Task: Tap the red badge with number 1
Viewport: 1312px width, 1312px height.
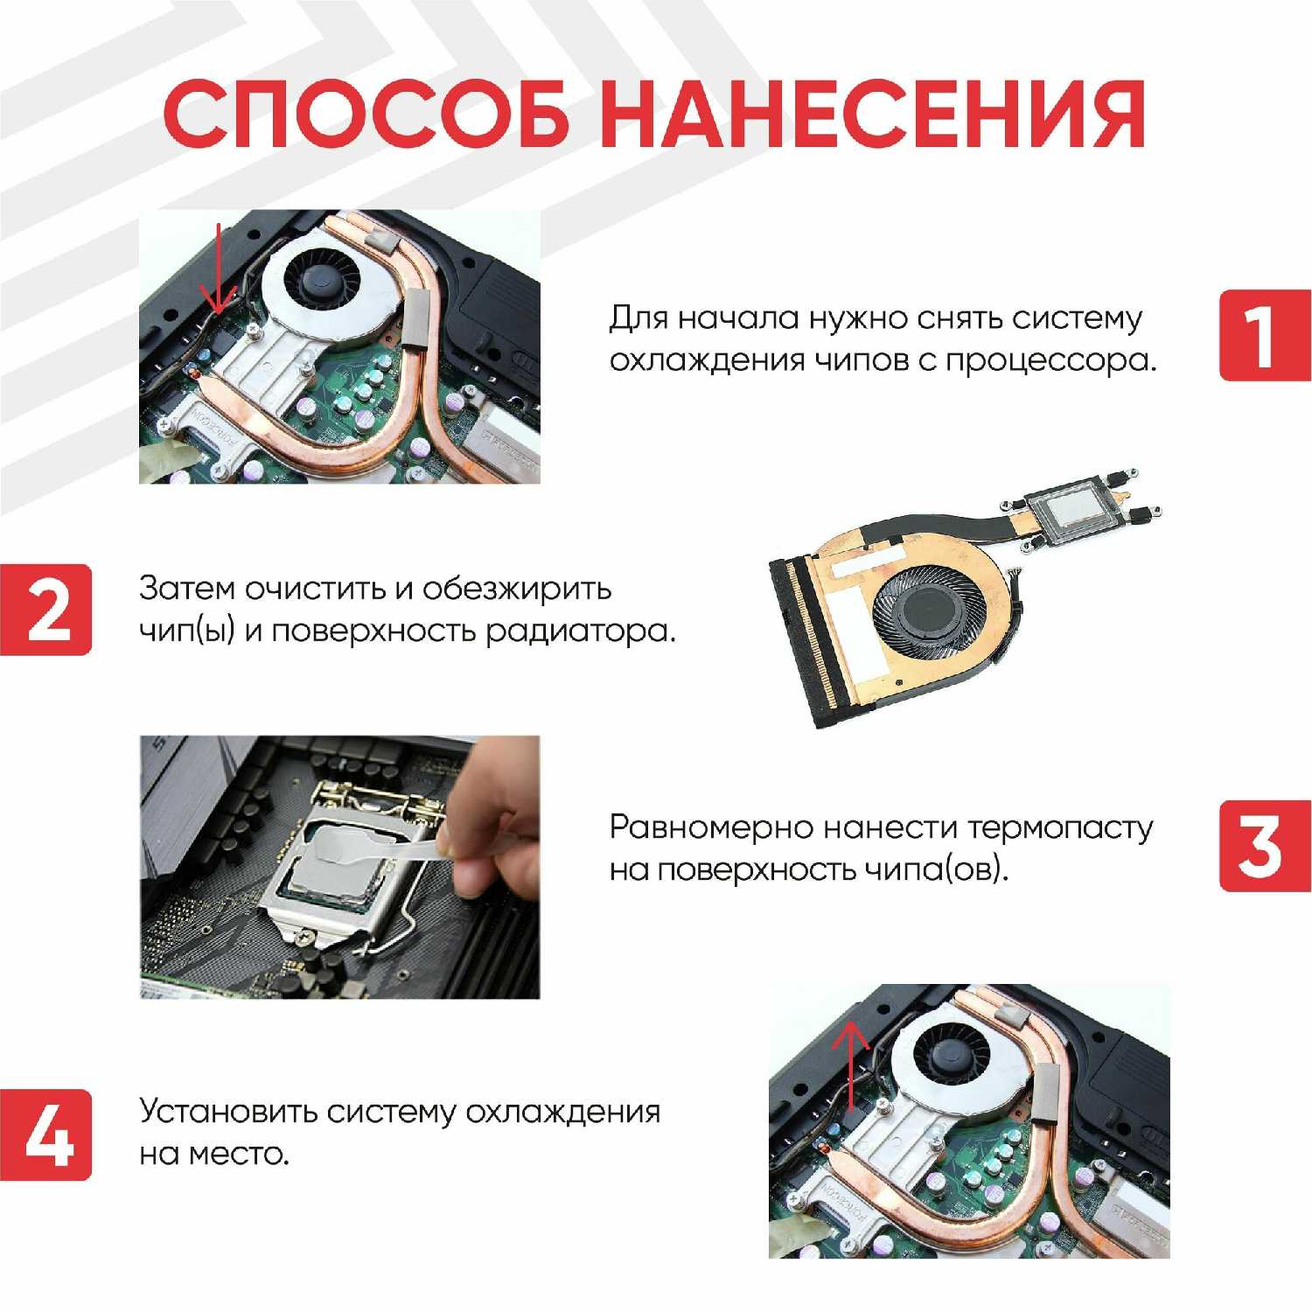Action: [x=1265, y=335]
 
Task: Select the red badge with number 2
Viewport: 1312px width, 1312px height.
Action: [x=45, y=610]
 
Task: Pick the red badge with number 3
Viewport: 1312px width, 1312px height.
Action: [x=1265, y=846]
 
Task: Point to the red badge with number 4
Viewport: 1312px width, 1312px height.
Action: [x=45, y=1134]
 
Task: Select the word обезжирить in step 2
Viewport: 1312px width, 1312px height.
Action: [x=517, y=590]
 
